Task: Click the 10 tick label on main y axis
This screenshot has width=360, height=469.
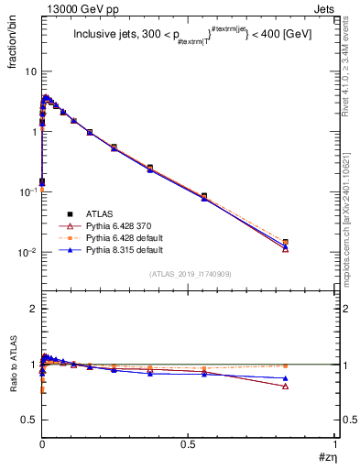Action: [30, 71]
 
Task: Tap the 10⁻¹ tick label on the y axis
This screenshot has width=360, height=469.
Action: [27, 191]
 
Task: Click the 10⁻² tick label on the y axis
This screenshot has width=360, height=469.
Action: [27, 252]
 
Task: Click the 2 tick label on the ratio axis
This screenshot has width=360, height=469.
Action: [34, 310]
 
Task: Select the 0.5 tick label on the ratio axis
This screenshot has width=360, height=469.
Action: [30, 420]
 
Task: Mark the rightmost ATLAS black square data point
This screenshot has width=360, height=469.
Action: [311, 242]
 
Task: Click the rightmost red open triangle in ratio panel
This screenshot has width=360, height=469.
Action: [311, 386]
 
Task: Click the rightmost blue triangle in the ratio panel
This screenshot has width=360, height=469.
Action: [311, 378]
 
